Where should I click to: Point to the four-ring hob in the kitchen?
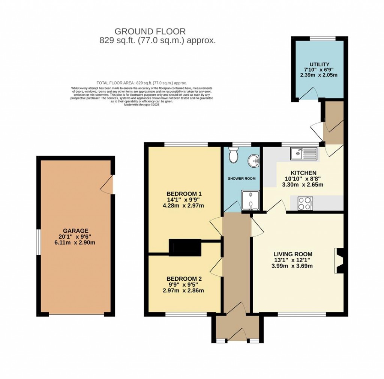(304, 203)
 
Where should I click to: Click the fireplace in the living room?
(339, 260)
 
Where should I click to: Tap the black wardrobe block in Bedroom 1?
(185, 247)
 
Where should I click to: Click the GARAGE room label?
(76, 230)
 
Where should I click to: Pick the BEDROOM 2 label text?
(184, 279)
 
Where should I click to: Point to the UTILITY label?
(319, 64)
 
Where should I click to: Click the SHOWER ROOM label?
(242, 179)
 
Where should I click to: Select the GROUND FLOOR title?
(150, 31)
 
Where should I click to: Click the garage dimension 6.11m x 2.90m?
(76, 242)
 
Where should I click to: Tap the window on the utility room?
(320, 38)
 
